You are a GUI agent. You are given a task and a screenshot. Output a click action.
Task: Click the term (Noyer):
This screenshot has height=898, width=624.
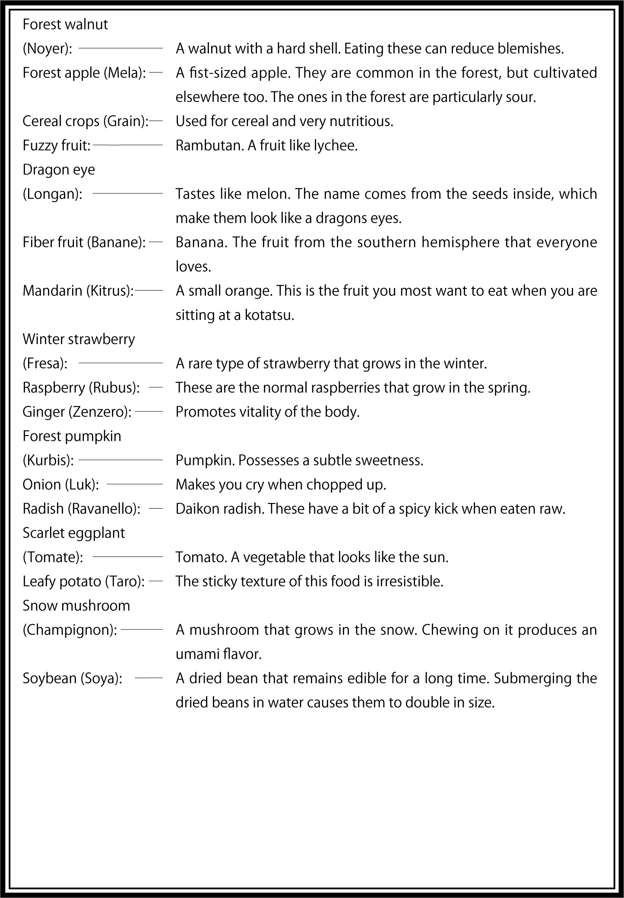point(47,49)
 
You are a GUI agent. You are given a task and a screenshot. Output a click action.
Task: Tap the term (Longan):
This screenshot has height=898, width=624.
point(52,194)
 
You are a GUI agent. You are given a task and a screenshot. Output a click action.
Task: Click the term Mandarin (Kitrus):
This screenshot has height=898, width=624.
point(78,291)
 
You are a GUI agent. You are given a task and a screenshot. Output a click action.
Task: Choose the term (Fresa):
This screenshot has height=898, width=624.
point(45,364)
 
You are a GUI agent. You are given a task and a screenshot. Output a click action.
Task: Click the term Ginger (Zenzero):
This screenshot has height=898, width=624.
point(77,412)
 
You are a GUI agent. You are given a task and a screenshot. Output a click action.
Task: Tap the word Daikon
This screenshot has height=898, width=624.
point(197,509)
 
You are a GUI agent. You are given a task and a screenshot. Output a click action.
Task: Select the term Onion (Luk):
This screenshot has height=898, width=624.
point(61,485)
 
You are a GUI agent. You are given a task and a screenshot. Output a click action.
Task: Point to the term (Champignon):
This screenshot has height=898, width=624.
point(70,630)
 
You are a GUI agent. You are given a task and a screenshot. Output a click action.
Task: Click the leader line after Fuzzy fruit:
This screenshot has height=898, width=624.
point(128,145)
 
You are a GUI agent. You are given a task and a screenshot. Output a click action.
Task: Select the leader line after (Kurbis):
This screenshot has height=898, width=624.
point(120,460)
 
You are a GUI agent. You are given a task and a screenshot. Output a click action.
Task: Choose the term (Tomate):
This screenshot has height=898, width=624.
point(53,557)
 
